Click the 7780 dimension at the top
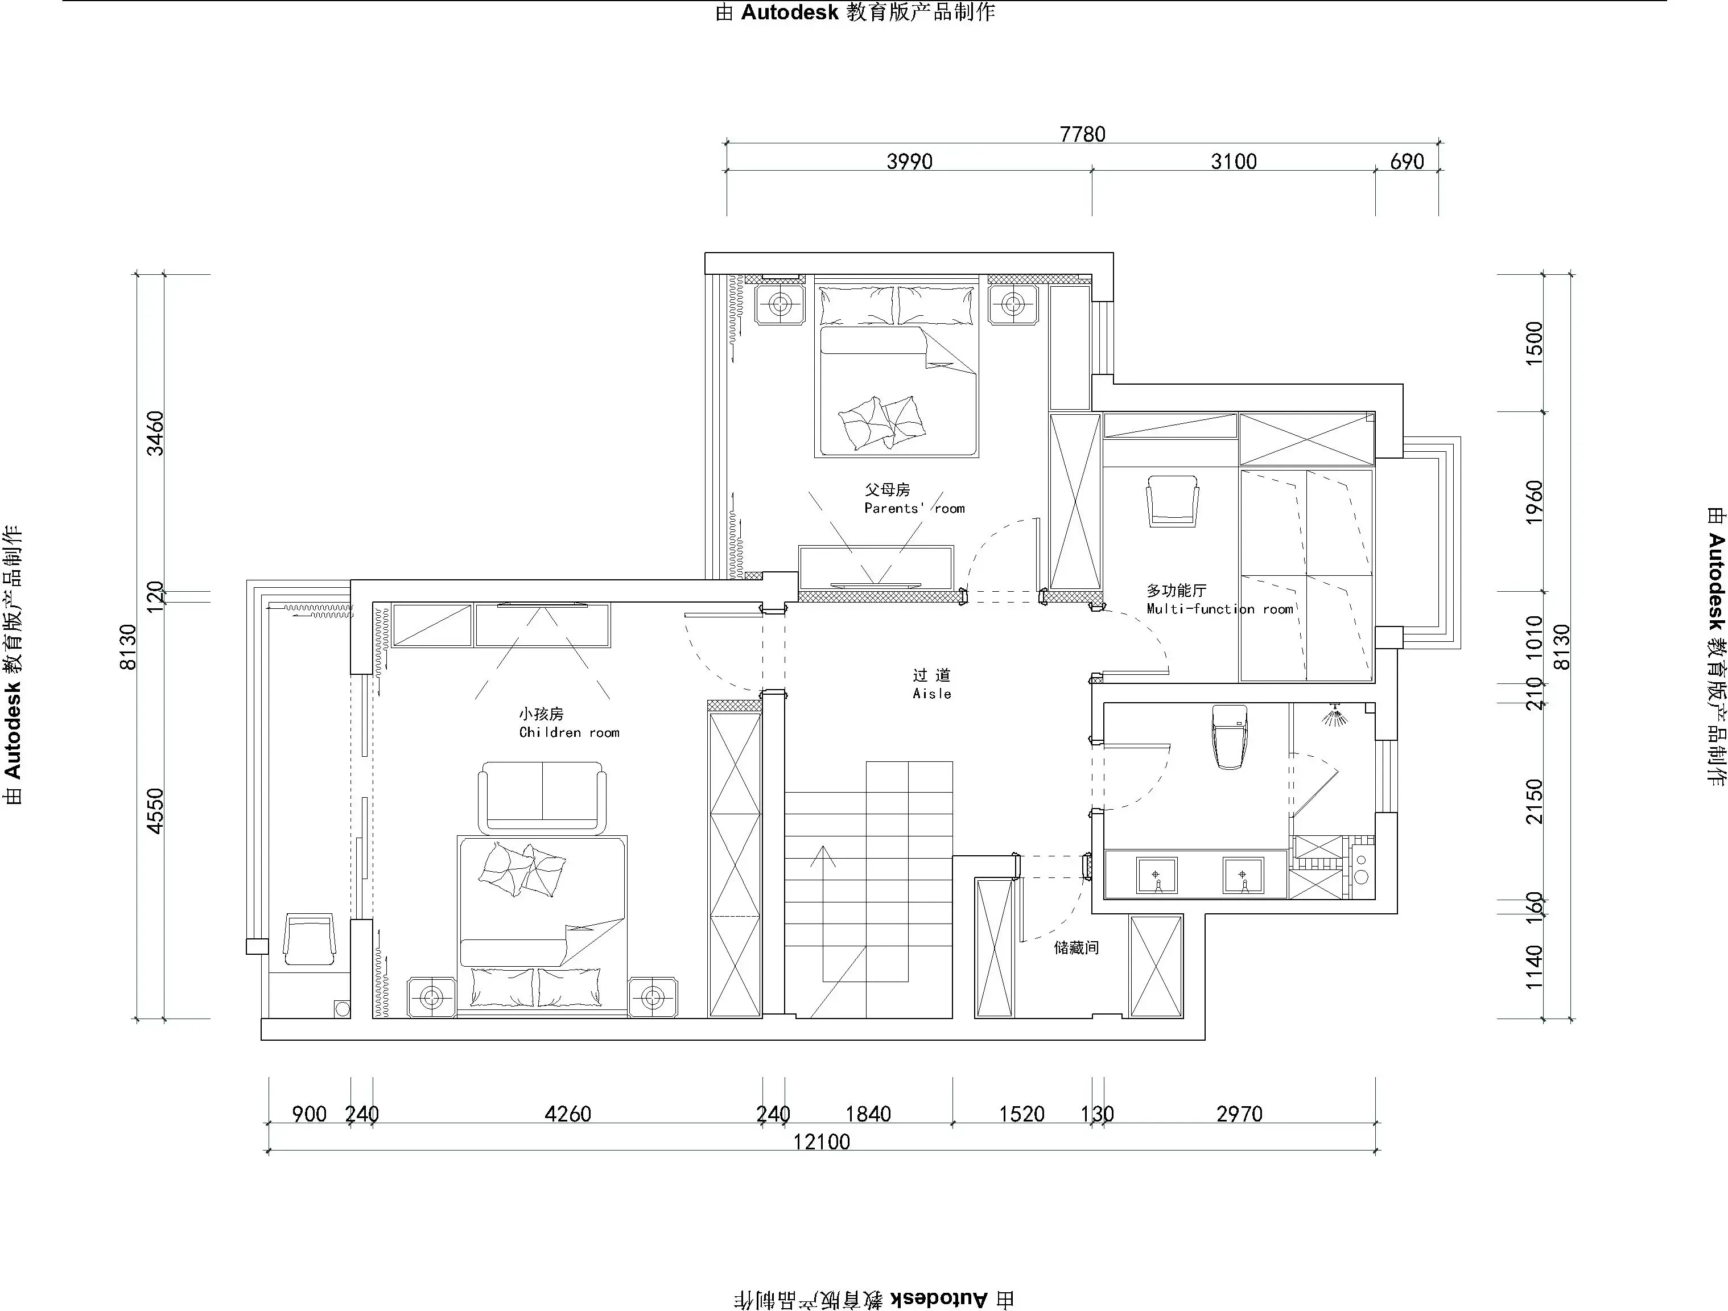(x=1082, y=134)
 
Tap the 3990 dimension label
(x=909, y=162)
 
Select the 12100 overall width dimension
(x=821, y=1142)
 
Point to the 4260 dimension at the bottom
(x=567, y=1114)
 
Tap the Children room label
(x=569, y=732)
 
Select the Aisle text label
(x=932, y=693)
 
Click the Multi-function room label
(x=1219, y=609)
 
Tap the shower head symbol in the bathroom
(x=1335, y=715)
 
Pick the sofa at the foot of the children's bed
(x=542, y=798)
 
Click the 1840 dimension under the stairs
(x=868, y=1114)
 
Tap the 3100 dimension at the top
(x=1234, y=162)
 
